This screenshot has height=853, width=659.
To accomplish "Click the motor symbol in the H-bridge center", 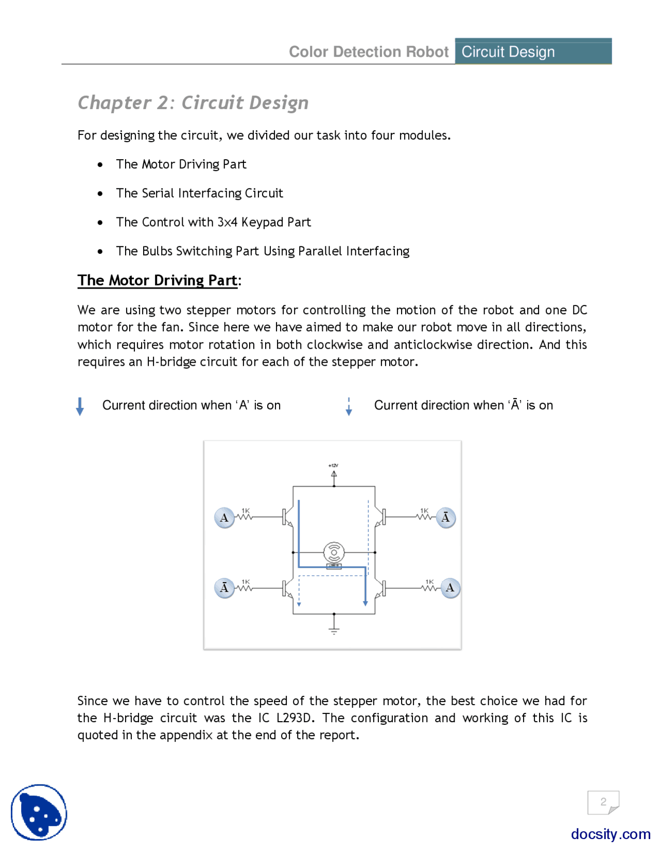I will pyautogui.click(x=334, y=553).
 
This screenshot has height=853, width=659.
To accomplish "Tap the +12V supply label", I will pyautogui.click(x=333, y=465).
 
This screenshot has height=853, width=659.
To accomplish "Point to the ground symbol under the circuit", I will pyautogui.click(x=334, y=629).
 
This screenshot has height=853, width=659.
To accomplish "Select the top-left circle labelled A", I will pyautogui.click(x=224, y=518).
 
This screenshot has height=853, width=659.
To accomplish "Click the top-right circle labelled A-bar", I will pyautogui.click(x=445, y=518).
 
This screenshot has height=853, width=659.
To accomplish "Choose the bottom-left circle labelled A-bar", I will pyautogui.click(x=224, y=588).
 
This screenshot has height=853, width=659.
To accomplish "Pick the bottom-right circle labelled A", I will pyautogui.click(x=450, y=588).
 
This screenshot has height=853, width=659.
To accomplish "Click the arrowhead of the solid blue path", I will pyautogui.click(x=365, y=603).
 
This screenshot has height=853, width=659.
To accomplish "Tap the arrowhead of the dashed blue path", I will pyautogui.click(x=299, y=604).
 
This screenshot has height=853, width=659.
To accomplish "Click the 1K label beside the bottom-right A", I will pyautogui.click(x=429, y=582).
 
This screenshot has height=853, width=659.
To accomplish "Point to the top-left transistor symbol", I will pyautogui.click(x=287, y=517).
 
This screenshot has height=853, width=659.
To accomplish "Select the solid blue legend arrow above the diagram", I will pyautogui.click(x=80, y=406).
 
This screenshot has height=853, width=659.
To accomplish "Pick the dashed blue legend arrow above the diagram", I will pyautogui.click(x=349, y=406).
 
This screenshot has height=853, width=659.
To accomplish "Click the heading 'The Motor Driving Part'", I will pyautogui.click(x=158, y=280).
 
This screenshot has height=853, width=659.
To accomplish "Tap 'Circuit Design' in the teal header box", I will pyautogui.click(x=508, y=52).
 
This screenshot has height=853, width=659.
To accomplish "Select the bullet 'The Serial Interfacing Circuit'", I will pyautogui.click(x=199, y=193).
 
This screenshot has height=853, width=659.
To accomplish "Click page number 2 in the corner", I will pyautogui.click(x=603, y=801).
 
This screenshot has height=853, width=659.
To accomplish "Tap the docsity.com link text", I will pyautogui.click(x=610, y=834).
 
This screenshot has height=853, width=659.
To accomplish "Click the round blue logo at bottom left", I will pyautogui.click(x=39, y=812).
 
